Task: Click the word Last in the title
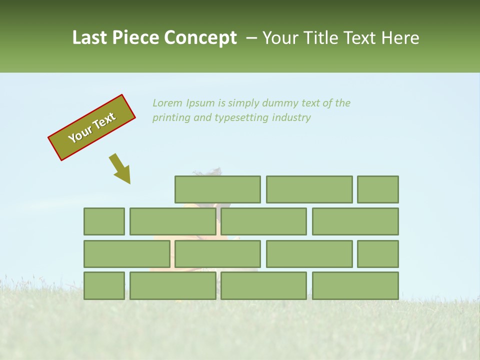tap(89, 38)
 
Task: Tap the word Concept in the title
tap(201, 38)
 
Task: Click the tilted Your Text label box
tap(92, 127)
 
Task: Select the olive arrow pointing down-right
tap(120, 168)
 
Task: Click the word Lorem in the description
tap(167, 103)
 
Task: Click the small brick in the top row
tap(377, 189)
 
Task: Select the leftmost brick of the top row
tap(217, 189)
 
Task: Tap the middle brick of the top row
tap(309, 189)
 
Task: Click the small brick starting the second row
tap(104, 221)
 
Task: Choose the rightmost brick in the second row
tap(355, 221)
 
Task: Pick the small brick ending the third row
tap(377, 254)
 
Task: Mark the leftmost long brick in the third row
tap(126, 254)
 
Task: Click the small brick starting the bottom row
tap(104, 285)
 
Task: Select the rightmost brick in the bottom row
tap(355, 285)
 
